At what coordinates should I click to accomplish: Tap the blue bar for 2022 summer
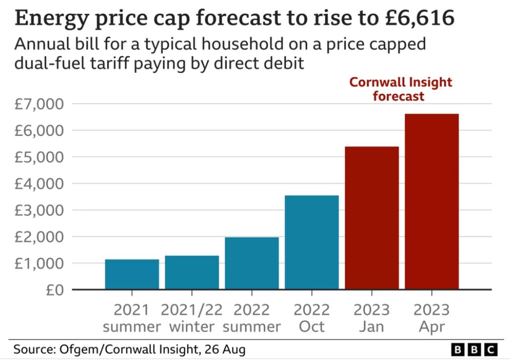(x=252, y=263)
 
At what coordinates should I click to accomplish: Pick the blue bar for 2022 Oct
(x=312, y=242)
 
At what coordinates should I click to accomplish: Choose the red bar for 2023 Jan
(x=372, y=218)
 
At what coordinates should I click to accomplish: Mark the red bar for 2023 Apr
(x=432, y=201)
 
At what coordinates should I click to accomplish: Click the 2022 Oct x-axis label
(x=312, y=318)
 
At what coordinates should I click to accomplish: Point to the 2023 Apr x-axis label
(x=432, y=318)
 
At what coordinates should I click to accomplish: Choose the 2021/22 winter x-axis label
(x=192, y=318)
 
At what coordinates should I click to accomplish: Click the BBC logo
(x=474, y=349)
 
